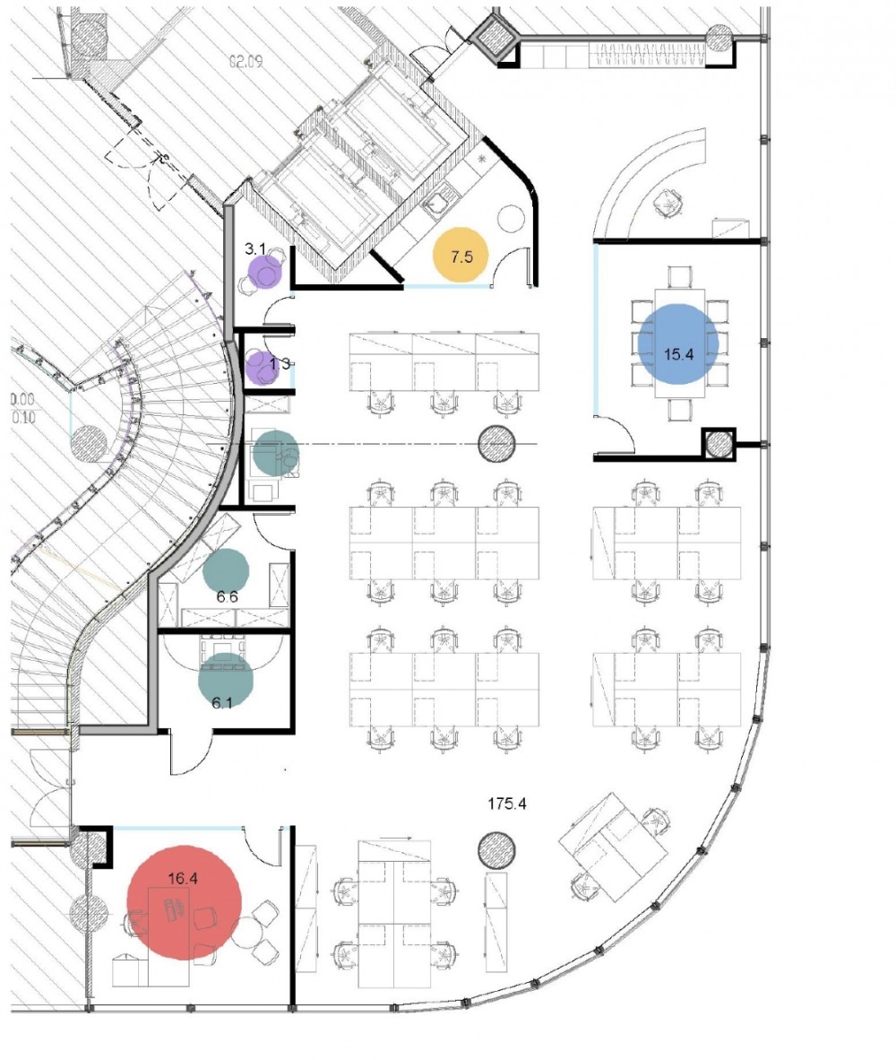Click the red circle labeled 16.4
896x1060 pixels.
click(x=185, y=901)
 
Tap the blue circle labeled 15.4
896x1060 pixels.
click(x=677, y=343)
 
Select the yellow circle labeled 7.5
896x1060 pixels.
click(x=461, y=256)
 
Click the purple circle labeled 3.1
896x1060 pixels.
click(x=264, y=272)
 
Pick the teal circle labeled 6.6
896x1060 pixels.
click(x=226, y=570)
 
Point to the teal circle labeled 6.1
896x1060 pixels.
click(x=225, y=680)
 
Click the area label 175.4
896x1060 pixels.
click(x=506, y=804)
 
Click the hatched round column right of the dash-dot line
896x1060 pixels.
click(x=496, y=443)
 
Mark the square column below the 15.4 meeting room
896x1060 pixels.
click(x=718, y=444)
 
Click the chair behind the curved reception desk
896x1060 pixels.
click(x=668, y=204)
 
